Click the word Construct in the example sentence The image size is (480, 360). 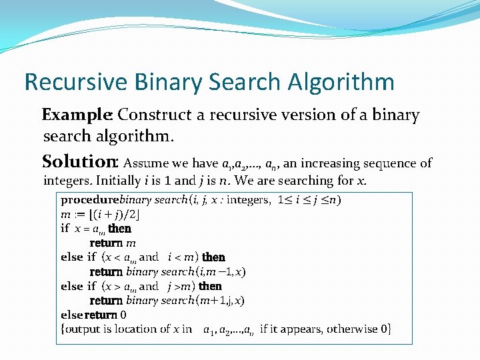(155, 115)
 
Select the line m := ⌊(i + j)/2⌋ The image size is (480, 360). (100, 214)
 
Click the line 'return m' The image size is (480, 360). (113, 243)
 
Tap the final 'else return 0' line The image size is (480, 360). (93, 315)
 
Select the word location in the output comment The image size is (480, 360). (140, 329)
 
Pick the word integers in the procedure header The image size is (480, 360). (248, 200)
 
